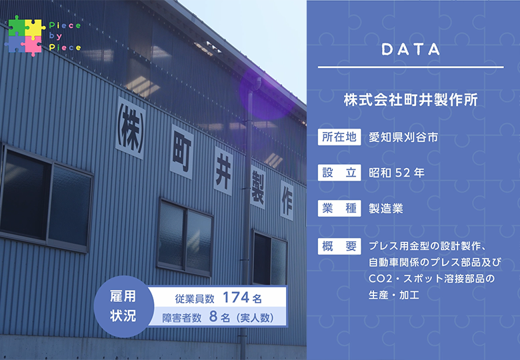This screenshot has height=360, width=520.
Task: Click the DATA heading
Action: tap(411, 50)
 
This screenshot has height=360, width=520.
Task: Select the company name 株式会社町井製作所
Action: tap(411, 100)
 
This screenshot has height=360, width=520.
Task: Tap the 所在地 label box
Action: tap(339, 137)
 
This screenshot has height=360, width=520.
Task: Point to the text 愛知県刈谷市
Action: tap(403, 137)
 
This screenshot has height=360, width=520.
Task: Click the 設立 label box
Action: tap(339, 173)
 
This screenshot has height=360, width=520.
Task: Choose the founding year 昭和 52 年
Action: tap(397, 173)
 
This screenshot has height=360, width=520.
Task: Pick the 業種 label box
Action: tap(339, 209)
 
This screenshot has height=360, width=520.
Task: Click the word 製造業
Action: tap(386, 209)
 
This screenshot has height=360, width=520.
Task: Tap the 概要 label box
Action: tap(339, 246)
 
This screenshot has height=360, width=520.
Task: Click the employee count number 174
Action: tap(236, 297)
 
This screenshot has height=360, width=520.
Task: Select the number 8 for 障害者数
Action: tap(213, 317)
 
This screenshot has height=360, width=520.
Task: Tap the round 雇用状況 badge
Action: tap(124, 306)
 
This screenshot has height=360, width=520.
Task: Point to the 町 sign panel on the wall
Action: tap(182, 152)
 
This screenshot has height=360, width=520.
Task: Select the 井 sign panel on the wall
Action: tap(223, 171)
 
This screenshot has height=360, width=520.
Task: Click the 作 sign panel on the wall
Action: tap(287, 201)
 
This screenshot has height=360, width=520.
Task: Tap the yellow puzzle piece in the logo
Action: tap(35, 28)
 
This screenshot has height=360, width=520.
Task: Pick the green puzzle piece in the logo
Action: tap(17, 26)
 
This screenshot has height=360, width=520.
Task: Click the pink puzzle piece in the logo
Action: tap(33, 45)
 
